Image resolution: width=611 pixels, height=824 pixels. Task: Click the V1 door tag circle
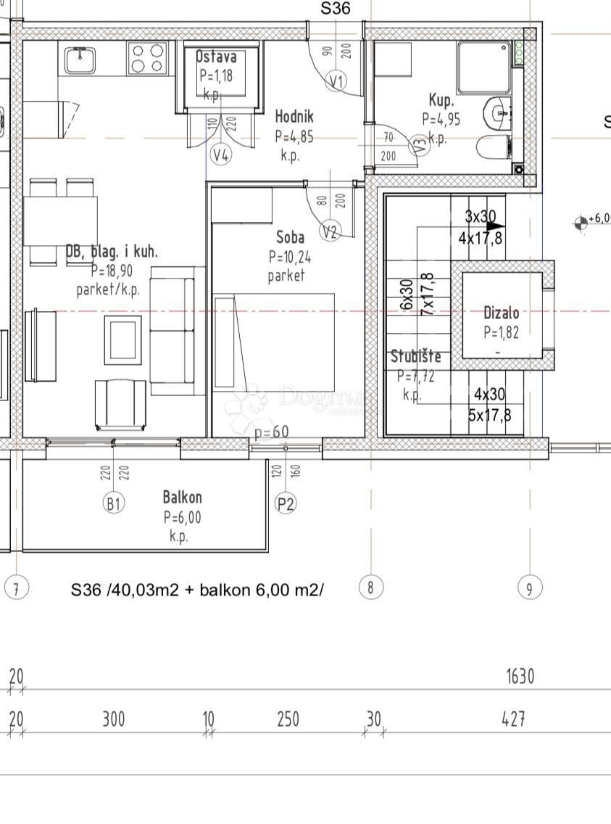point(336,81)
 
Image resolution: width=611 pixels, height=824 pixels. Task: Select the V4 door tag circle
point(221,154)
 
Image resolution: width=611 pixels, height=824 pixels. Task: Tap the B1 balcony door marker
point(113,503)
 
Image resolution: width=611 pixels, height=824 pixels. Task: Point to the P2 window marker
point(286,503)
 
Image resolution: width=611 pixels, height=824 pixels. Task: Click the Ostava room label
point(217,57)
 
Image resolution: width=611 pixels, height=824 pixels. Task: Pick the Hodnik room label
point(294,116)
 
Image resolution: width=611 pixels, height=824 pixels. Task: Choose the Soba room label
point(290,237)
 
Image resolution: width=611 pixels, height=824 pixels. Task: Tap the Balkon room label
point(182,498)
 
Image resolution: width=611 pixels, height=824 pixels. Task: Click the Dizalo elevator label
point(501,313)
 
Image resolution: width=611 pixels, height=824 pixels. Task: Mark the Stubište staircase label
point(415,357)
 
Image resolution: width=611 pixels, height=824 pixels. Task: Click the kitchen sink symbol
point(80,59)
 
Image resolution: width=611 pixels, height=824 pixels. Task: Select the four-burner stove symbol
point(148,58)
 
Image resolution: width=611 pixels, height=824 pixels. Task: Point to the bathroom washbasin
point(499,112)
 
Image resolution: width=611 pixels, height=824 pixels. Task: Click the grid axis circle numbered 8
point(370,587)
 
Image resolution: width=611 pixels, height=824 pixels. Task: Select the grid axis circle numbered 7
point(16,587)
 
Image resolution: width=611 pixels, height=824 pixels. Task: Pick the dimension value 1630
point(520,677)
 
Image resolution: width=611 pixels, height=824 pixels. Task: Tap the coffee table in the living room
point(122,341)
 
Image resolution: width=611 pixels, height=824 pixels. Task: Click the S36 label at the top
point(336,9)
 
